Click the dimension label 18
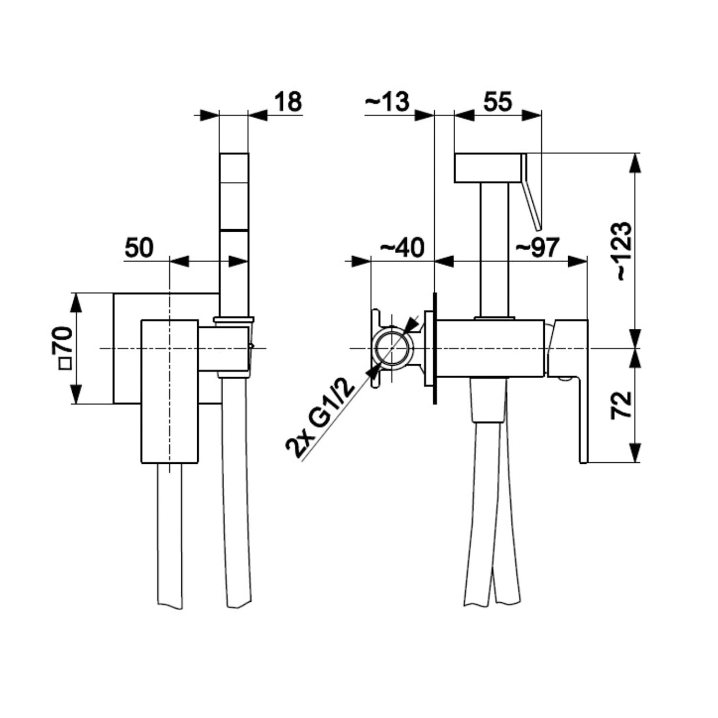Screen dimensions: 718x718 pyautogui.click(x=288, y=102)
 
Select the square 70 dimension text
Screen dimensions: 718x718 pyautogui.click(x=65, y=348)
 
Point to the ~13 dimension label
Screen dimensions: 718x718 pyautogui.click(x=387, y=102)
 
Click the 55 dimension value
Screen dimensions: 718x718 pyautogui.click(x=497, y=102)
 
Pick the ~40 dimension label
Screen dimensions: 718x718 pyautogui.click(x=402, y=248)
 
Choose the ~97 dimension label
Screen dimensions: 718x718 pyautogui.click(x=537, y=248)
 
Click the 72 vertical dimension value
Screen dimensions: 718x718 pyautogui.click(x=622, y=405)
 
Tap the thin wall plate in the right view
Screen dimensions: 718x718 pyautogui.click(x=435, y=348)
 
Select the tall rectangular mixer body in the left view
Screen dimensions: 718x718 pyautogui.click(x=169, y=392)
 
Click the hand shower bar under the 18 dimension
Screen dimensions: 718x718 pyautogui.click(x=234, y=191)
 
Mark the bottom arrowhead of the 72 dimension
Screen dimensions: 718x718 pyautogui.click(x=635, y=453)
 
